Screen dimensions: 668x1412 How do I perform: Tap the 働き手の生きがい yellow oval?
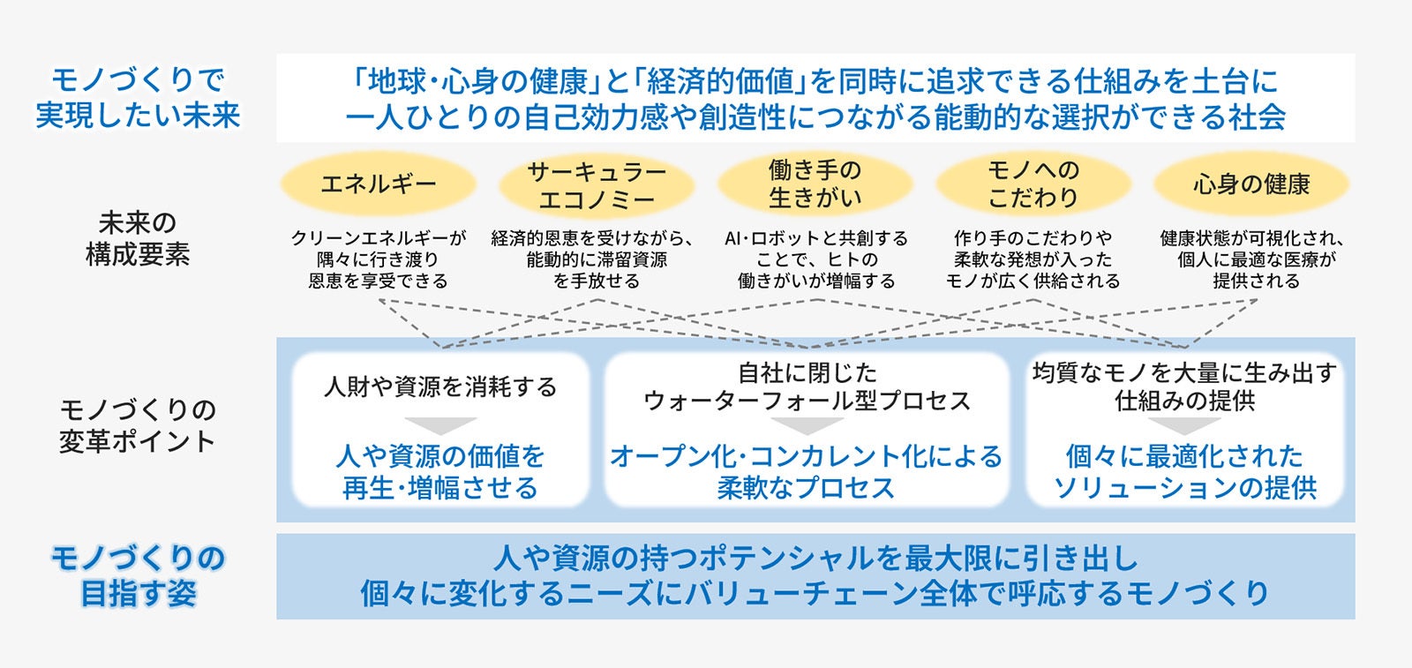coord(814,184)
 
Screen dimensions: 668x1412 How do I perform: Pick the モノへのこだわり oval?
coord(1033,184)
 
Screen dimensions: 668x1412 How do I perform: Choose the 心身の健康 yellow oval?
coord(1251,184)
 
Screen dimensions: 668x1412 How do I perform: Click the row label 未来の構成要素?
coord(137,238)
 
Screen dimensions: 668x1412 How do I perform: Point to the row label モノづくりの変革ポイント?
coord(137,424)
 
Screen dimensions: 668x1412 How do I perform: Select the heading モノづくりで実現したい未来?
coord(138,97)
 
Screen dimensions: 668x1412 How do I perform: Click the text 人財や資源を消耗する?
coord(440,387)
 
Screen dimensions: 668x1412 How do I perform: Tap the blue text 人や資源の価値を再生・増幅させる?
coord(440,472)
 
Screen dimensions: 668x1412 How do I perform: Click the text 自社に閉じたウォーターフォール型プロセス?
coord(807,387)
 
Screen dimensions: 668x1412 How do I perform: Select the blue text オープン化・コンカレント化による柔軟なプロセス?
coord(807,472)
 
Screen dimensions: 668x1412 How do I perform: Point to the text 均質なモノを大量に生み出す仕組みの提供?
coord(1184,387)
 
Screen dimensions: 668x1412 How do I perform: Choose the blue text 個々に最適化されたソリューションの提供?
coord(1184,472)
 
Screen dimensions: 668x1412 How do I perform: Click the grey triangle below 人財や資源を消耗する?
coord(440,425)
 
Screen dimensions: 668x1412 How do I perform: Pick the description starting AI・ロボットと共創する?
coord(815,259)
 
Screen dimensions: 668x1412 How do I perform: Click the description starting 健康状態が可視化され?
coord(1251,259)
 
